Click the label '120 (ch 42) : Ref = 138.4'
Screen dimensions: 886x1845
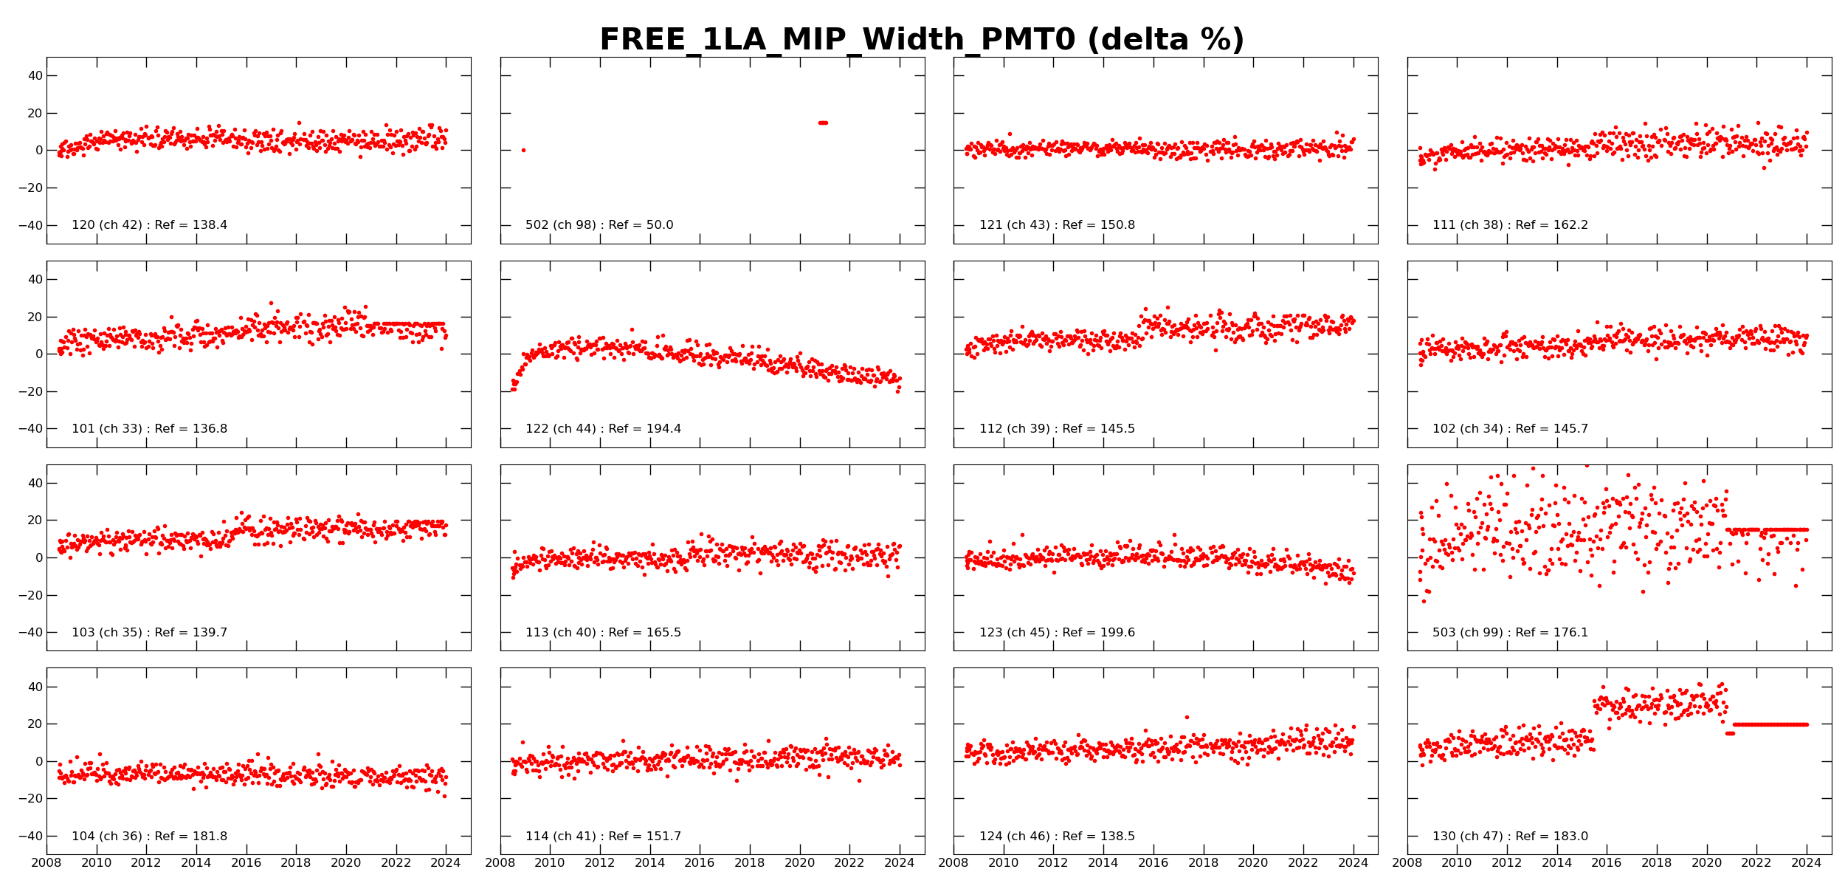[149, 225]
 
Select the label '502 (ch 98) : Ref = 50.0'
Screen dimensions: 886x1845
[599, 225]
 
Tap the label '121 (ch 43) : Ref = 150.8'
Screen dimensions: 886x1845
[1057, 225]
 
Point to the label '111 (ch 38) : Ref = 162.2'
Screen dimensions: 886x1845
[1510, 225]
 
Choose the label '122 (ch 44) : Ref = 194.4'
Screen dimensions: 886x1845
[603, 429]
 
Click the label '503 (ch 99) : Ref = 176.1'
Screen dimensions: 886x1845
[1510, 633]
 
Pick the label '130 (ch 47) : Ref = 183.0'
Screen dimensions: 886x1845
[1510, 837]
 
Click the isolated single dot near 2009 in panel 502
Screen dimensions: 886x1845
[523, 151]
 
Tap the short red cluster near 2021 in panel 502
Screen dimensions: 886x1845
[823, 123]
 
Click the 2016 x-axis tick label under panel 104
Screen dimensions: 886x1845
[246, 863]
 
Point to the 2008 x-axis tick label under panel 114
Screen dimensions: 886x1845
[500, 863]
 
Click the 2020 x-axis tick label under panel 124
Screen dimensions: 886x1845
[1253, 863]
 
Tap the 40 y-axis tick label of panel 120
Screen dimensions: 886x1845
[35, 75]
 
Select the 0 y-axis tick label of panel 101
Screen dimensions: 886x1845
[39, 354]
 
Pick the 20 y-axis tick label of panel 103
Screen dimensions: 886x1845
[35, 521]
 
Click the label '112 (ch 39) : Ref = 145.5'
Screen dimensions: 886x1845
[1057, 429]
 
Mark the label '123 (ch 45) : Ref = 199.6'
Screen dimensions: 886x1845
[1057, 633]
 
